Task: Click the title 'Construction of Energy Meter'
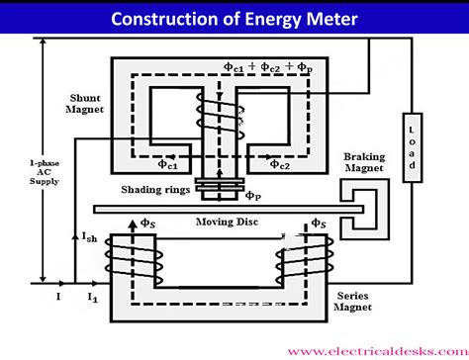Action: [x=234, y=17]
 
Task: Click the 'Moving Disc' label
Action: [x=227, y=223]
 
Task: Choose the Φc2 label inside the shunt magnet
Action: [x=277, y=164]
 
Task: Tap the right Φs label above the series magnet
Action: [x=319, y=224]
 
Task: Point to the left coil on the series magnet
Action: [x=132, y=260]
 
